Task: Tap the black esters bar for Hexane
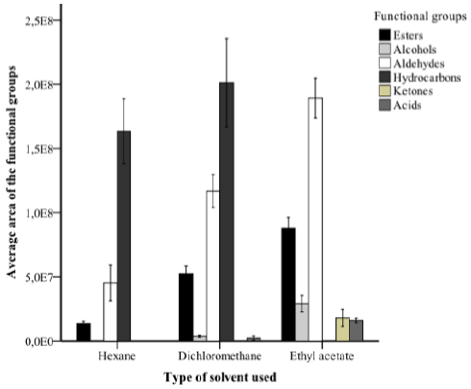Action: tap(84, 331)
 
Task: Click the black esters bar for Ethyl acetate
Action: tap(288, 283)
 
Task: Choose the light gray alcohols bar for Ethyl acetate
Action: tap(302, 321)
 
